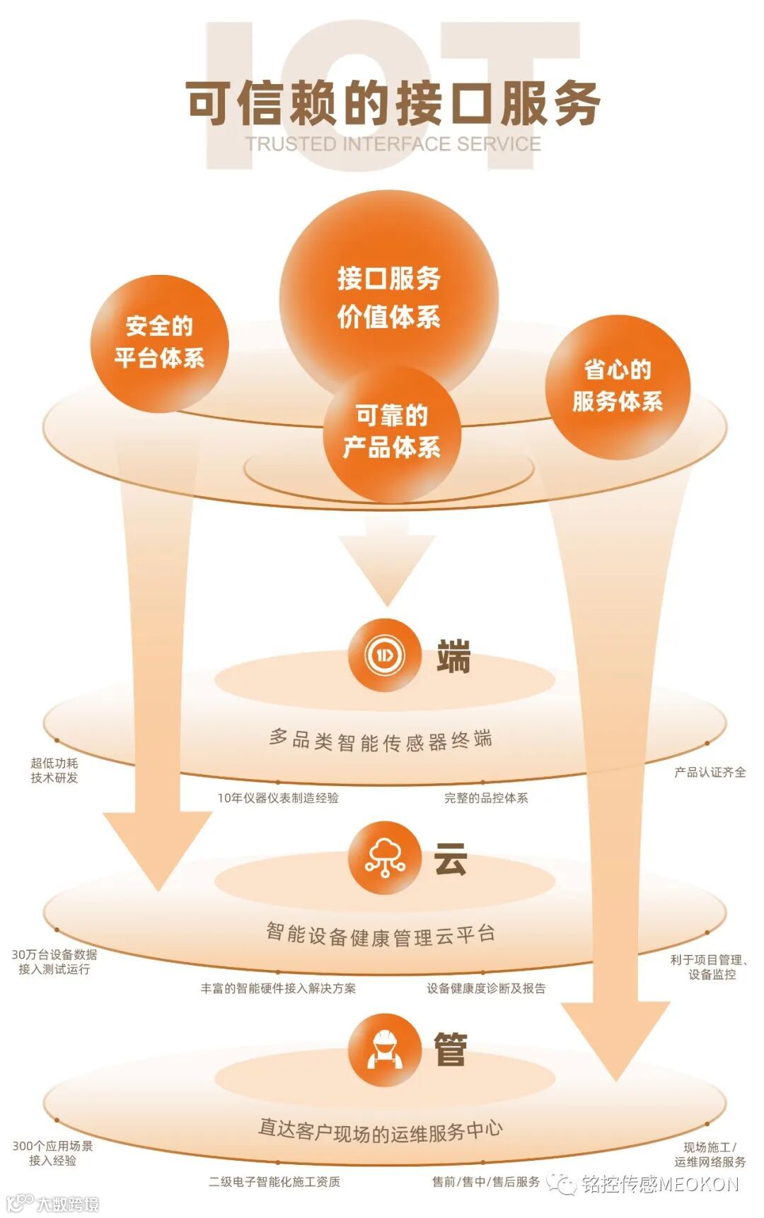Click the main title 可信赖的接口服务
click(393, 103)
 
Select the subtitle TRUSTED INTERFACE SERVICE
click(393, 144)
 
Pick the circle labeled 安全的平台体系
click(160, 343)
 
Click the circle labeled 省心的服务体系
click(618, 386)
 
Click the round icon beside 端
click(384, 655)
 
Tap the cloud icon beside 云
click(384, 857)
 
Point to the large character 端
click(453, 657)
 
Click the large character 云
click(451, 860)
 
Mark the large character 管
click(451, 1050)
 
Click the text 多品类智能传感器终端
click(381, 740)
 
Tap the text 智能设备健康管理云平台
click(381, 935)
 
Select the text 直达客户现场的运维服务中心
click(381, 1129)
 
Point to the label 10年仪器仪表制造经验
click(277, 798)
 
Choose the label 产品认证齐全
click(710, 773)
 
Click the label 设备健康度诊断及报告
click(486, 988)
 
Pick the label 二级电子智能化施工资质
click(274, 1181)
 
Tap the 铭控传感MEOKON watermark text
click(660, 1184)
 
